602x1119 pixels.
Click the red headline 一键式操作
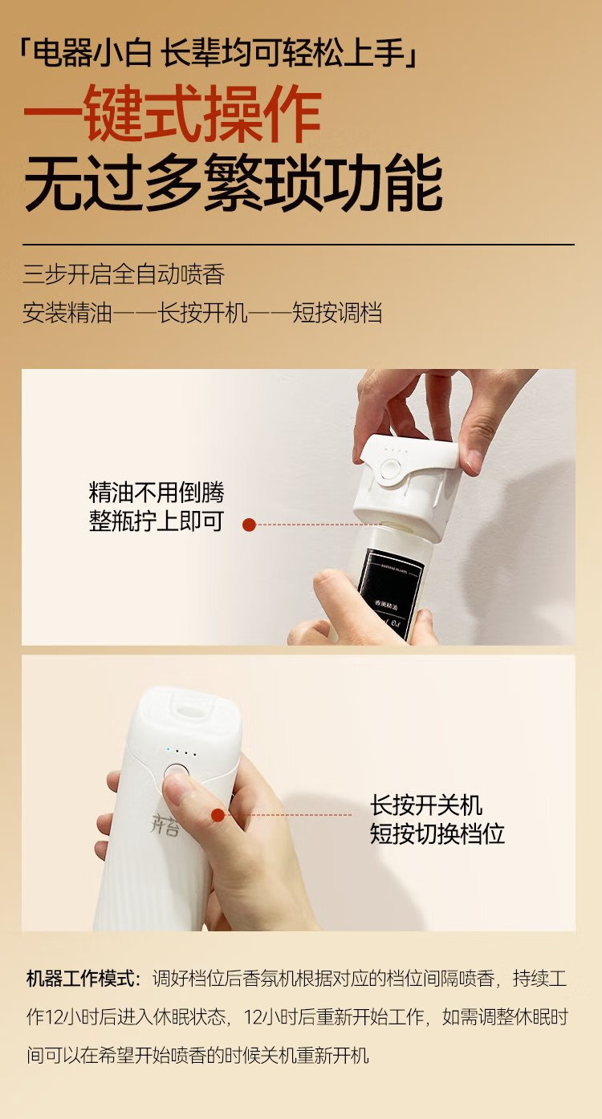click(173, 113)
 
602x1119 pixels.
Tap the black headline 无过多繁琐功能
click(234, 183)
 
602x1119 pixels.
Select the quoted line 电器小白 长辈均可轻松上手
click(219, 52)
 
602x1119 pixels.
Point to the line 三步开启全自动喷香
click(124, 274)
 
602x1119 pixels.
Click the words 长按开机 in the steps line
click(202, 313)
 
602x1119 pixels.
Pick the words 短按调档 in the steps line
click(337, 313)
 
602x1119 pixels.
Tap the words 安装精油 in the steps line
click(67, 313)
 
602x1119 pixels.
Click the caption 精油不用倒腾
click(157, 493)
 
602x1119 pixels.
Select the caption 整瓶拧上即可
click(157, 521)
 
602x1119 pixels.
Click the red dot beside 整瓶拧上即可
click(249, 525)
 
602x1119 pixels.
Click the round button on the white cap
click(390, 470)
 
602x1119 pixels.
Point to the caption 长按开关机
click(426, 805)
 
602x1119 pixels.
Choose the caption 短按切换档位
click(437, 833)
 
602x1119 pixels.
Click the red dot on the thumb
click(218, 815)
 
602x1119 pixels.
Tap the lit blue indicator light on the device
click(169, 750)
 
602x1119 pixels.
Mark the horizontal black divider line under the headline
click(299, 245)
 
